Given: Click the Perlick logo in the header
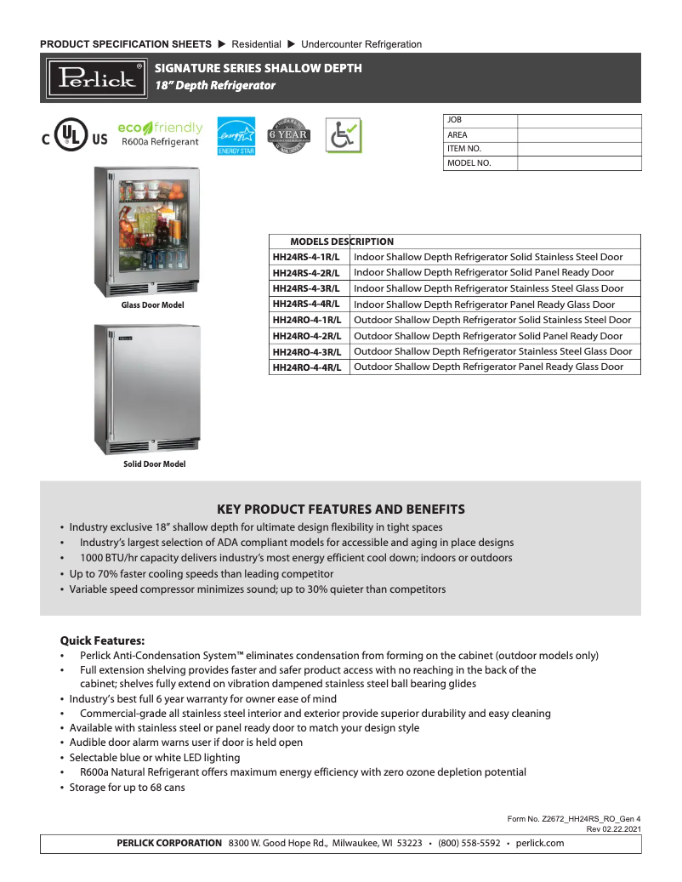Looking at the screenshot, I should pos(96,77).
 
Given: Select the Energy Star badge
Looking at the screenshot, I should pos(236,135).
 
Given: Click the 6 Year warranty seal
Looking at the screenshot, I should pos(288,135).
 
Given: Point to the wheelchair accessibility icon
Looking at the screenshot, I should pos(344,134).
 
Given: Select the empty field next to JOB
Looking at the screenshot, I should pos(579,121).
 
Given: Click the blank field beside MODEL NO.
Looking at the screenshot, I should pos(579,163).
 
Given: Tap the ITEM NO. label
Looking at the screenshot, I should pos(463,149).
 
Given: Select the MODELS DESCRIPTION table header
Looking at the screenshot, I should pos(342,242).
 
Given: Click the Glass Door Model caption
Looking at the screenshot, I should pos(152,305).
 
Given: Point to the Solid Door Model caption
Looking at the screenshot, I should pos(154,464).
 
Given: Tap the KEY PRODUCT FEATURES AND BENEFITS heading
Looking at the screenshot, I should pos(341,509).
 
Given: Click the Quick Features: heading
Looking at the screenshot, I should pos(102,640).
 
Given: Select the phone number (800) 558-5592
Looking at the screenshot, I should pos(469,843).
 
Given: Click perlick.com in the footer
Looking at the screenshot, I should pos(540,843).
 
